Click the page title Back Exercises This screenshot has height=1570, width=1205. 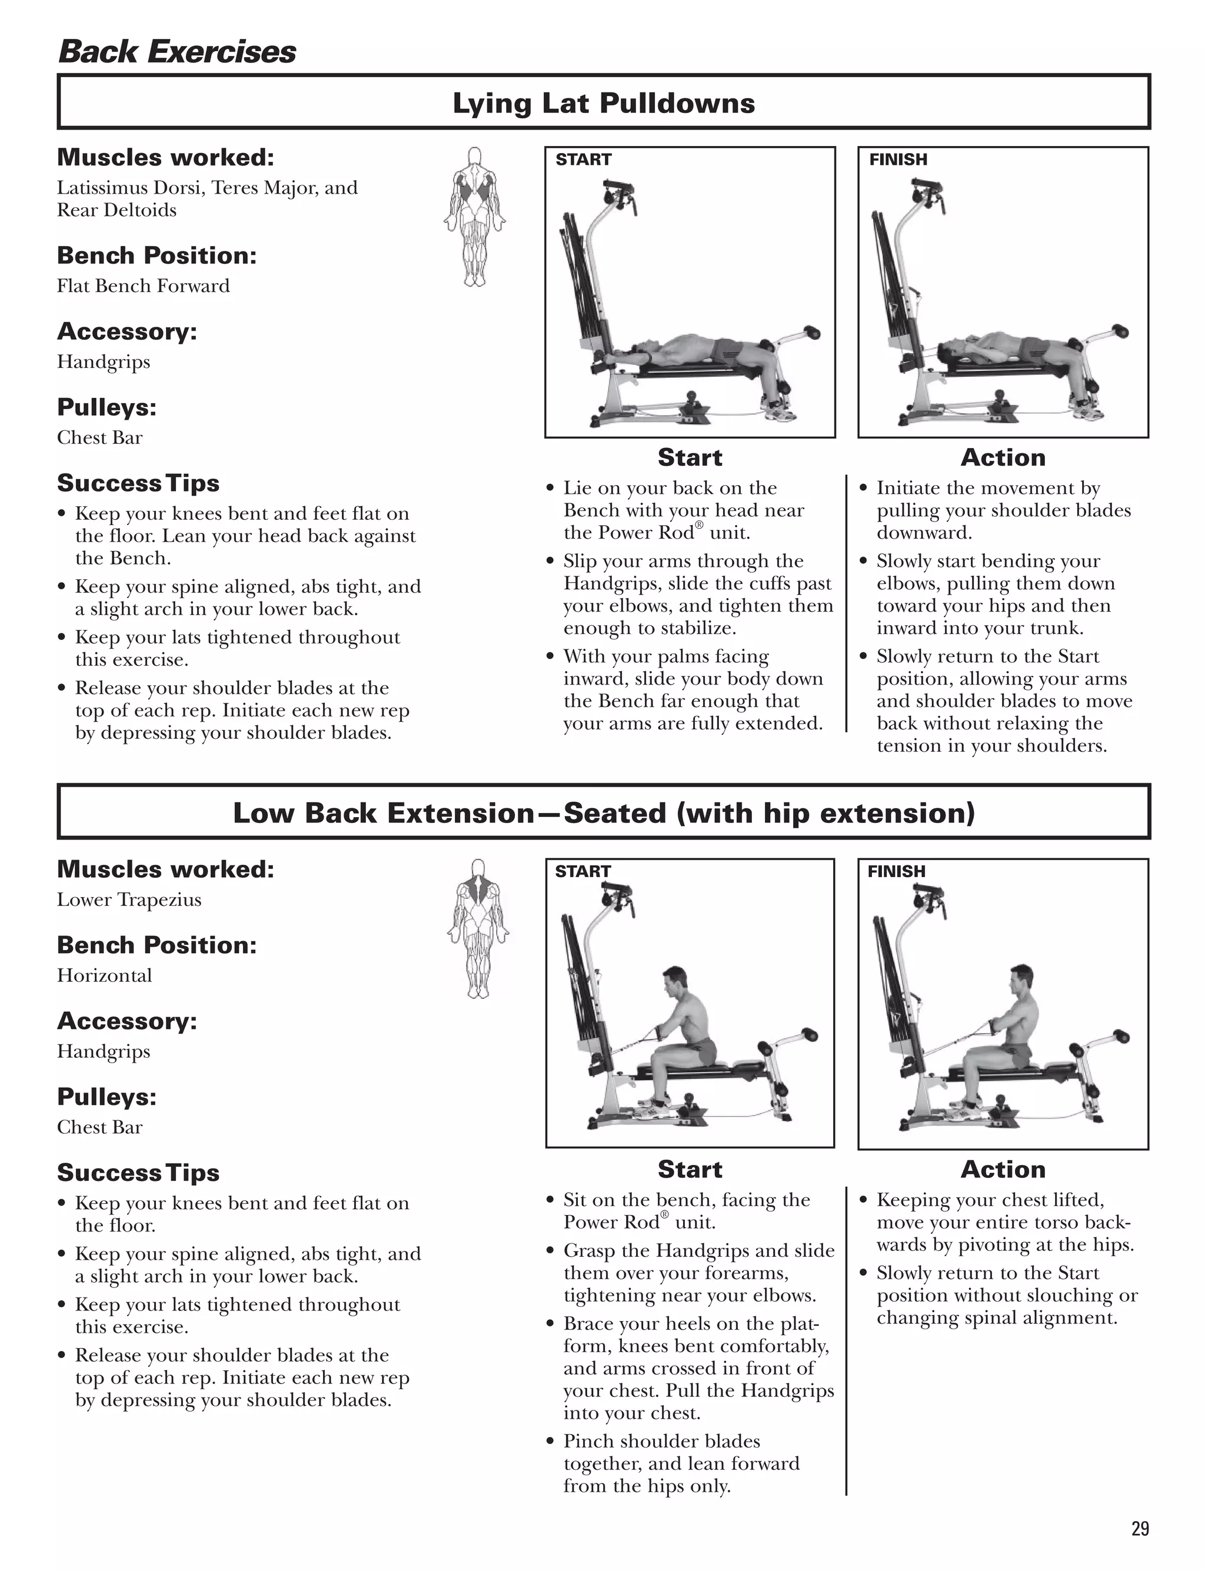[x=177, y=52]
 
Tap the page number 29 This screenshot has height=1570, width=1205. [x=1140, y=1528]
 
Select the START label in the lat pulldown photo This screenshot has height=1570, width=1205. [x=583, y=160]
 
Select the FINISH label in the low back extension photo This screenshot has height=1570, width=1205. [x=896, y=871]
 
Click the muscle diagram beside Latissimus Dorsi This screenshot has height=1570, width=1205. [x=474, y=217]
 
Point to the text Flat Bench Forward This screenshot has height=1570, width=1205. [x=144, y=286]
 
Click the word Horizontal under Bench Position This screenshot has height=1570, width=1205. [x=105, y=975]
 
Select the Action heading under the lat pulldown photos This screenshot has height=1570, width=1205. [x=1002, y=457]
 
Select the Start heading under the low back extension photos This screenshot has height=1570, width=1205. [x=690, y=1169]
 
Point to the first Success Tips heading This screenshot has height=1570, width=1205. [x=138, y=483]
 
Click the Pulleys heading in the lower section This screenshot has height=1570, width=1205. [x=106, y=1097]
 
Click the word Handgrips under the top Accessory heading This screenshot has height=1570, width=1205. [x=104, y=361]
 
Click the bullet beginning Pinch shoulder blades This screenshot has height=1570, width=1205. [x=661, y=1441]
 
